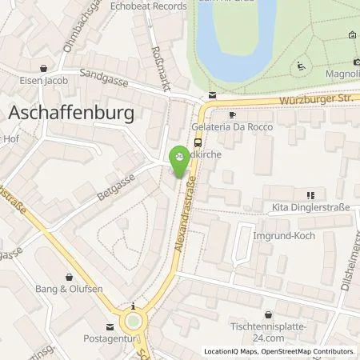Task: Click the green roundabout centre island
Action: (134, 322)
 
